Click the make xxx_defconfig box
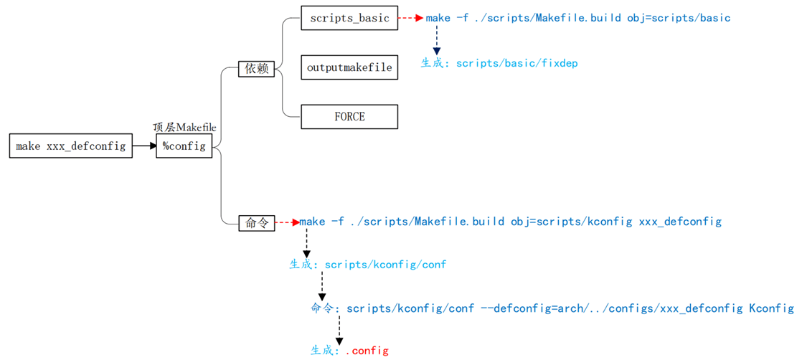(x=70, y=146)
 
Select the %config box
(x=184, y=146)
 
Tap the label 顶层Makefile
(x=184, y=127)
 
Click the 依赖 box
(x=257, y=69)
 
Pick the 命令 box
(x=257, y=223)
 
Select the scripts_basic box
(x=349, y=18)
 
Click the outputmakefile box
(x=349, y=67)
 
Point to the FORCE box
(x=349, y=116)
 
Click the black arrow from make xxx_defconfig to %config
(x=144, y=146)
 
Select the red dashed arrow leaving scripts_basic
(x=410, y=18)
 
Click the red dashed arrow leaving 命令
(x=287, y=223)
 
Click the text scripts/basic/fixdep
(x=516, y=63)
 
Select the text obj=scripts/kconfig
(x=571, y=222)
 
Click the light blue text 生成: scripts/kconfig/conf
(x=367, y=265)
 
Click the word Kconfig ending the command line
(x=771, y=308)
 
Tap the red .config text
(x=367, y=351)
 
